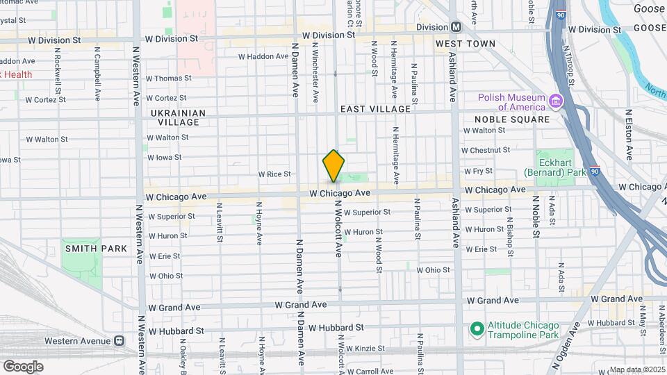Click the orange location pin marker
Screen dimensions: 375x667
[x=333, y=165]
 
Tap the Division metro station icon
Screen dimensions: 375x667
[x=456, y=27]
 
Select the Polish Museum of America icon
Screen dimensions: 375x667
[x=555, y=102]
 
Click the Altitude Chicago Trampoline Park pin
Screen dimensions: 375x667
[x=477, y=328]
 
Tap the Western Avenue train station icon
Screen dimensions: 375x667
[x=120, y=341]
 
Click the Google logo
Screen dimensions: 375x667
[x=23, y=366]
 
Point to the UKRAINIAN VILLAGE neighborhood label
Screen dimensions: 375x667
[x=179, y=117]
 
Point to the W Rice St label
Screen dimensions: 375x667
[x=274, y=174]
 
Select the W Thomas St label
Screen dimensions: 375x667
[x=167, y=78]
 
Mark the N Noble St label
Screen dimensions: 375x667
[x=536, y=215]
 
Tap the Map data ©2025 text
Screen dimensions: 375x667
[x=636, y=369]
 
